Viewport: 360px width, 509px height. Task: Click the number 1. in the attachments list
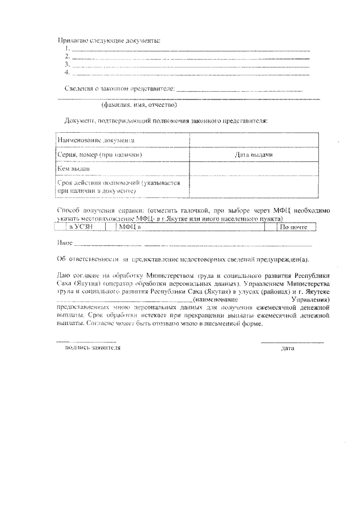(x=66, y=49)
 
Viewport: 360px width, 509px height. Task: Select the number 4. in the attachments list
(x=67, y=72)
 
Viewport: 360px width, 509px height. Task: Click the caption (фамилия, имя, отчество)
(x=139, y=105)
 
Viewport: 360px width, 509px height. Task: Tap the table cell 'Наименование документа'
(x=96, y=139)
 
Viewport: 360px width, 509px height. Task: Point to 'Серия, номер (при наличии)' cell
(x=99, y=154)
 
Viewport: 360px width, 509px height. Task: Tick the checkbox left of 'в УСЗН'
(x=61, y=227)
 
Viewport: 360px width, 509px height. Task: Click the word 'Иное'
(x=65, y=243)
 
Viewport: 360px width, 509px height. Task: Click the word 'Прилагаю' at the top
(x=72, y=39)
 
